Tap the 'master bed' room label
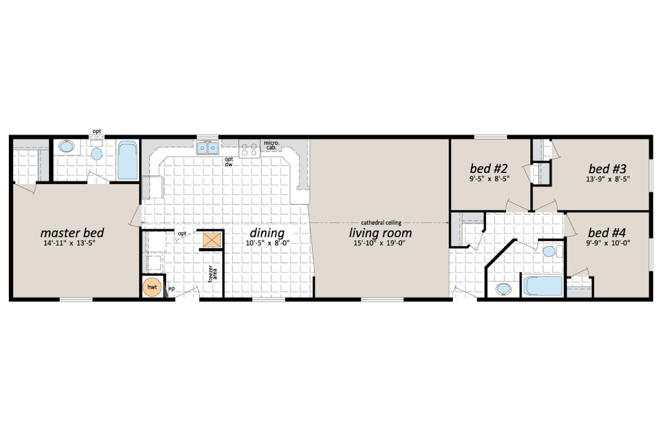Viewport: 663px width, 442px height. tap(72, 233)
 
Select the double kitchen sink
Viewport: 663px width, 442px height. tap(208, 148)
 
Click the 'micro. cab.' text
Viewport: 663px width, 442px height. tap(272, 145)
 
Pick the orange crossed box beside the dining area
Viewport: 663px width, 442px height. tap(211, 240)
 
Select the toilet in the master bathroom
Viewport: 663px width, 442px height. tap(97, 153)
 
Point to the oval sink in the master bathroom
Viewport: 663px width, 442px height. tap(66, 148)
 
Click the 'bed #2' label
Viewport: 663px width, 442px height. tap(485, 168)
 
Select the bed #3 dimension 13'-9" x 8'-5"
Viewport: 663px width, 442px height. tap(607, 178)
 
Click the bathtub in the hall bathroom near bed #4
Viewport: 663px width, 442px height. tap(543, 286)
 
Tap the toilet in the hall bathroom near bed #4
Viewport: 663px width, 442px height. tap(549, 252)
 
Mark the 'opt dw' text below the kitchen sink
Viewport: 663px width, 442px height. tap(229, 161)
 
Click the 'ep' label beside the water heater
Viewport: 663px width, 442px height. tap(171, 288)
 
